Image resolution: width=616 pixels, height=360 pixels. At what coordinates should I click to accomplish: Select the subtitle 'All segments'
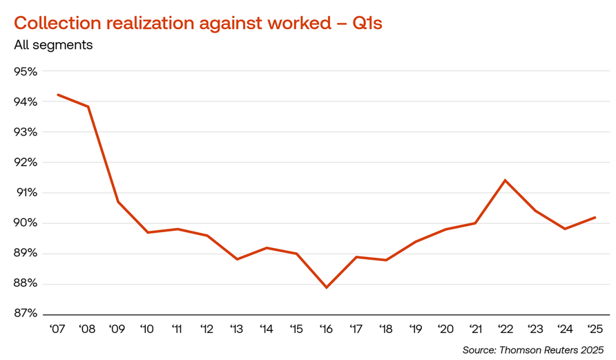point(53,46)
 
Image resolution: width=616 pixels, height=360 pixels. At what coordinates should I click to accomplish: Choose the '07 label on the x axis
point(57,328)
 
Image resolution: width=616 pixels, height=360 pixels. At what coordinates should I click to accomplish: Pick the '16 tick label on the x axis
point(326,328)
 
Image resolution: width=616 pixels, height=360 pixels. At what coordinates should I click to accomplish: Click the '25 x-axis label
point(595,328)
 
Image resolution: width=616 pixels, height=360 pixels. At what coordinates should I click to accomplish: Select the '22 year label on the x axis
point(505,328)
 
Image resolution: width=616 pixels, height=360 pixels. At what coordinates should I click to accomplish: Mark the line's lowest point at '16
point(326,287)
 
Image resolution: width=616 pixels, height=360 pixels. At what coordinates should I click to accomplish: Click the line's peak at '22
point(505,180)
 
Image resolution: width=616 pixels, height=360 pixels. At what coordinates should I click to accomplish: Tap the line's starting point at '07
point(58,95)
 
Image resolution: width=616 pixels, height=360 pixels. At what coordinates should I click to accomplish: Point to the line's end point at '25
point(595,217)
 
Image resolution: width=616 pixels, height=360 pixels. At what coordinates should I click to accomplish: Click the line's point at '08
point(88,106)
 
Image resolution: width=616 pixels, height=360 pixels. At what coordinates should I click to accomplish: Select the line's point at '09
point(117,202)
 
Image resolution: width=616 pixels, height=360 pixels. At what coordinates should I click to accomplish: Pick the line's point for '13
point(237,259)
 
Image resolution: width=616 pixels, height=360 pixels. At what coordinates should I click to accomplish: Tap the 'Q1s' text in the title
point(367,22)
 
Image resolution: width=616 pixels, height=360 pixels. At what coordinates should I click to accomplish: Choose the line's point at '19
point(416,241)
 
